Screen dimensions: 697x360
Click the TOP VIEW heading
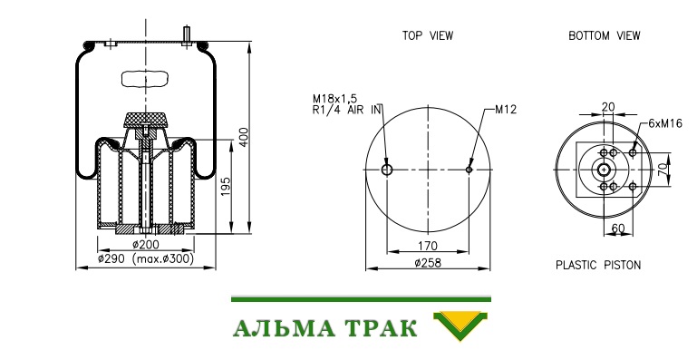(x=428, y=36)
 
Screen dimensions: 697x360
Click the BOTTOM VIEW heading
(x=604, y=36)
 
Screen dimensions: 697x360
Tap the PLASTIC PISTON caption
(x=598, y=265)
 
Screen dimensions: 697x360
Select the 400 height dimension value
(x=244, y=138)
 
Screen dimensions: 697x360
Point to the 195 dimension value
(x=226, y=189)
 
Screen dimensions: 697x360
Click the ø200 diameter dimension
(x=146, y=244)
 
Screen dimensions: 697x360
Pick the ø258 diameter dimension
(x=428, y=263)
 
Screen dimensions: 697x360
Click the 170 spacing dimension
(x=428, y=246)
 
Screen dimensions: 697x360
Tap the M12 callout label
(x=506, y=110)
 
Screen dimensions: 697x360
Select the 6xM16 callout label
(x=665, y=123)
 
